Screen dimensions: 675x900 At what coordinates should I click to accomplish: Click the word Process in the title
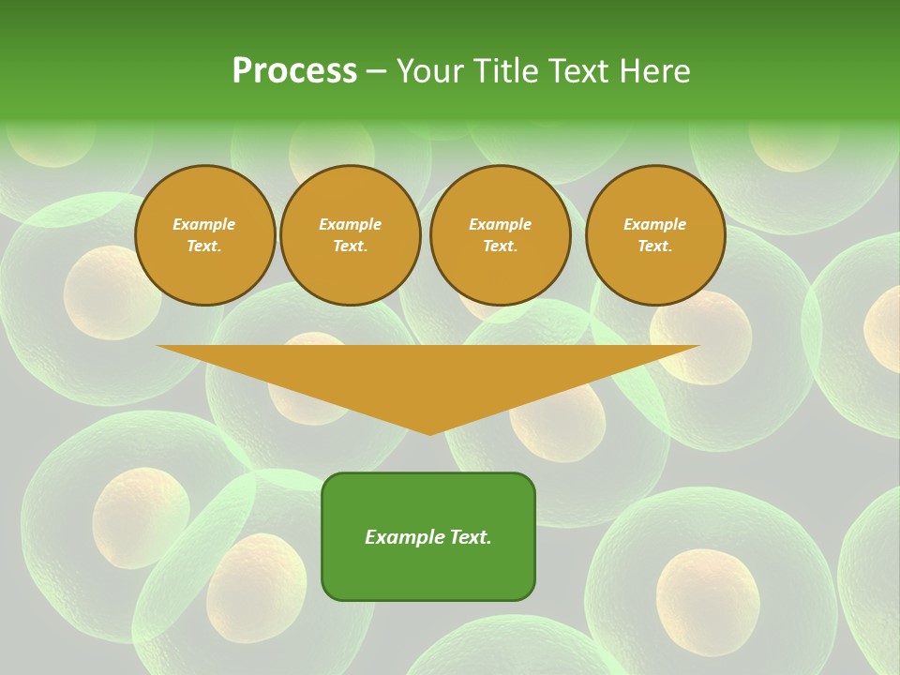pos(294,71)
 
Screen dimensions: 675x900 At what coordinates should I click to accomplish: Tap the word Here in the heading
pos(655,71)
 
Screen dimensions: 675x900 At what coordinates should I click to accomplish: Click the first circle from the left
pos(204,235)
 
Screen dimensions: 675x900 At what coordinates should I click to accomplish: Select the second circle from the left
pos(351,235)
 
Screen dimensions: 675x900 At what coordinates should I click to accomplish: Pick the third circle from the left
pos(501,235)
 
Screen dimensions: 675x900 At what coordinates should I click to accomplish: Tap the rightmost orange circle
pos(655,235)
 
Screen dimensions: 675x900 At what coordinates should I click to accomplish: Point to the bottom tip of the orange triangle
pos(429,432)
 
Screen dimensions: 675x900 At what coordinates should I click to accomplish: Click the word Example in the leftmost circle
pos(204,224)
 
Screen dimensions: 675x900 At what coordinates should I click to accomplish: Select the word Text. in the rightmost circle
pos(655,247)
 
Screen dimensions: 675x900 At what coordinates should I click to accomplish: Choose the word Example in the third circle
pos(501,224)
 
